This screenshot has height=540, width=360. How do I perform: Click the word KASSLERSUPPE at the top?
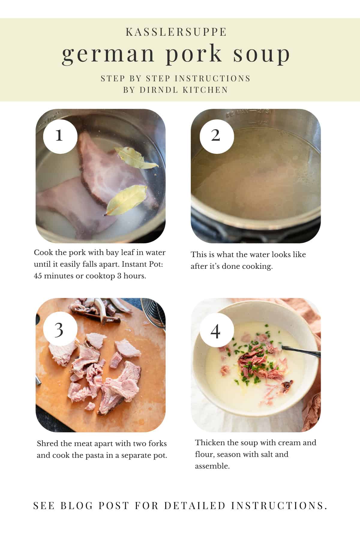click(x=176, y=32)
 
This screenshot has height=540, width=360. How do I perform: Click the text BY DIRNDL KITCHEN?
click(x=176, y=90)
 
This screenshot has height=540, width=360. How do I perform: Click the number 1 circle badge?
click(x=60, y=136)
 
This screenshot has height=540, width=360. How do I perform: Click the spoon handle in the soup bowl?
click(x=303, y=352)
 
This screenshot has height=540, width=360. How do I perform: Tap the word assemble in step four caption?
click(x=212, y=466)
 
